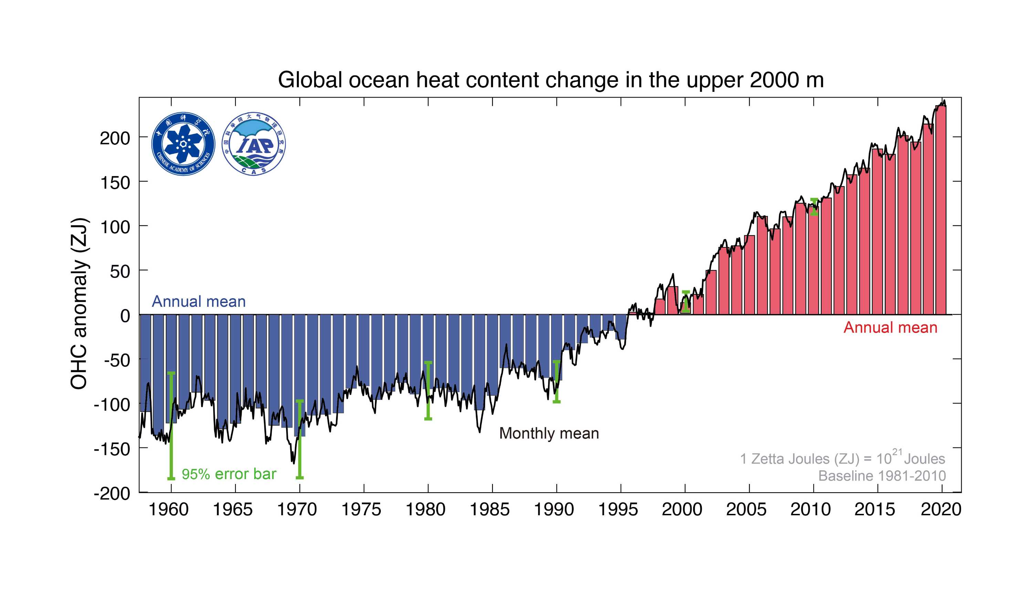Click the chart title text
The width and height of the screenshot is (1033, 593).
pos(550,80)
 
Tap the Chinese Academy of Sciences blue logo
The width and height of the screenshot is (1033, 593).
pos(183,144)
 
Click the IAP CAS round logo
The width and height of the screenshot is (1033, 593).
pos(253,144)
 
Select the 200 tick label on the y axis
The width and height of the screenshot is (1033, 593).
pos(115,139)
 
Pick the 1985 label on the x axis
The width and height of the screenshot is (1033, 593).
pos(490,509)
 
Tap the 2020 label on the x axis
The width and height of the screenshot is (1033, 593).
pos(941,509)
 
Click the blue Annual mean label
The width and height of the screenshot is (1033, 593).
pos(199,302)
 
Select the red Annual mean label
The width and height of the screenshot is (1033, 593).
pos(890,328)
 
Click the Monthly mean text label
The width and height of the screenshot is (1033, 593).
pos(549,433)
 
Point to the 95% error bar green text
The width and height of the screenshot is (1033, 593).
pos(229,474)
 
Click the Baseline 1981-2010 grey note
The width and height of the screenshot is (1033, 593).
pos(882,476)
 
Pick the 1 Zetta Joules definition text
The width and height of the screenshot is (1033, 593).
pos(842,459)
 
